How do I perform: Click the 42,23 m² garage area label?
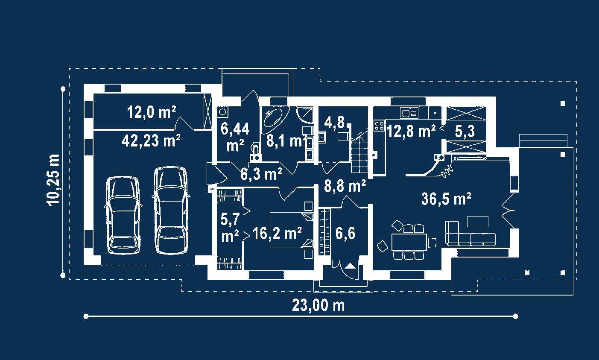[x=151, y=140]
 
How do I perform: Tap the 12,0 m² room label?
[x=152, y=112]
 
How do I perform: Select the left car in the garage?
[x=123, y=215]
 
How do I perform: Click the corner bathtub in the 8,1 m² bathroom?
[x=275, y=121]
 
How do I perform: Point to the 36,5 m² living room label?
[x=446, y=199]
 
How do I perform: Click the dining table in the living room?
[x=409, y=242]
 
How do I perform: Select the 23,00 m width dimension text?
[x=318, y=305]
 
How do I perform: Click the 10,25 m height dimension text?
[x=53, y=180]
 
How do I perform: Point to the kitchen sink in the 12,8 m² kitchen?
[x=409, y=113]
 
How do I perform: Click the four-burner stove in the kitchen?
[x=379, y=126]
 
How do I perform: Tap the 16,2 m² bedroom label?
[x=278, y=233]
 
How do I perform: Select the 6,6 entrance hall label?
[x=345, y=233]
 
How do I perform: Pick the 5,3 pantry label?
[x=465, y=132]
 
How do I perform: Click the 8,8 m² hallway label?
[x=345, y=186]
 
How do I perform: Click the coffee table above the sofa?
[x=478, y=222]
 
